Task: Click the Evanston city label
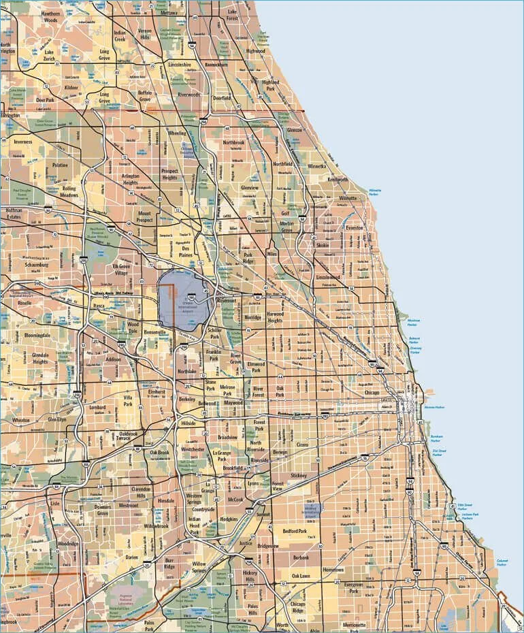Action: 355,228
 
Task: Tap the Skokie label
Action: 323,244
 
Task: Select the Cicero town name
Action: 302,444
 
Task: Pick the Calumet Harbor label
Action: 502,563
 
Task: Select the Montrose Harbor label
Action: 412,322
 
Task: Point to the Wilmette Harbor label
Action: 375,192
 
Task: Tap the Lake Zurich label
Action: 48,54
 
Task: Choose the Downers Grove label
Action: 103,510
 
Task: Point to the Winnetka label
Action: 317,165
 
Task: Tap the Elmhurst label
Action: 157,393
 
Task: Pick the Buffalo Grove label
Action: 145,95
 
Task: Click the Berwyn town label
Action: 280,452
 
